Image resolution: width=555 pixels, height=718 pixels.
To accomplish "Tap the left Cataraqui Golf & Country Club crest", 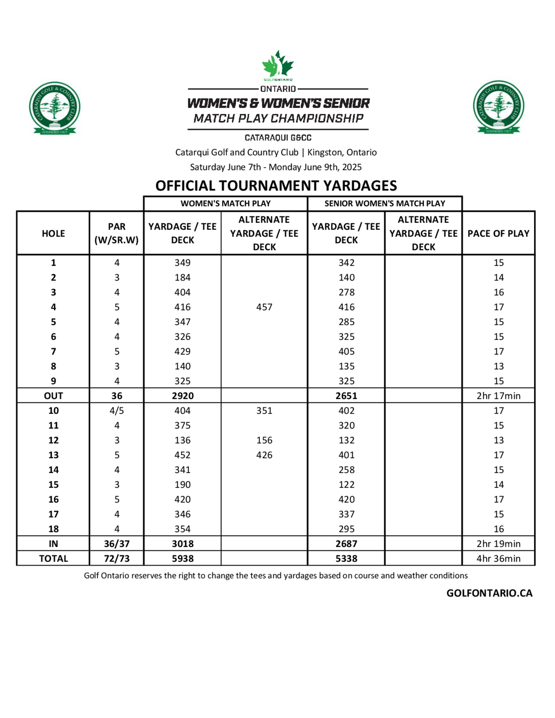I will (x=55, y=107).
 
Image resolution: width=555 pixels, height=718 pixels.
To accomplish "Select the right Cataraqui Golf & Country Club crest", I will (x=499, y=107).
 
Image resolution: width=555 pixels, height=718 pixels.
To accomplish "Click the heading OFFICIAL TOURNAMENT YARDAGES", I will (x=276, y=186).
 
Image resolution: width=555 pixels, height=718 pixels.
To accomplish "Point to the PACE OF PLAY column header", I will (x=498, y=233).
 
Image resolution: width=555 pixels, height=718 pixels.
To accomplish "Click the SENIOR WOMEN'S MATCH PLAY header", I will (x=385, y=204).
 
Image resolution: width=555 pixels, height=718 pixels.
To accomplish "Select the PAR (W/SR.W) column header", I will (x=117, y=233).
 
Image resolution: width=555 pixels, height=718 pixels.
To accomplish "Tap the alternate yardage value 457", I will (x=264, y=307).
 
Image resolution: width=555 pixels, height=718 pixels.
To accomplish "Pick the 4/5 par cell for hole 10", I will (x=117, y=411).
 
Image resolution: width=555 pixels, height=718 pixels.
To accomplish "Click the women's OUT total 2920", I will (x=183, y=396).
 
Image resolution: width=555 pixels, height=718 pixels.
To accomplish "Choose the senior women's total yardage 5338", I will (x=346, y=558).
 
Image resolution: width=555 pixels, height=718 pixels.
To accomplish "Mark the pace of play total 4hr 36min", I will (x=498, y=558).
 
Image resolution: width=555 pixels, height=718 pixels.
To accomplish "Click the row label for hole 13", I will (x=54, y=455).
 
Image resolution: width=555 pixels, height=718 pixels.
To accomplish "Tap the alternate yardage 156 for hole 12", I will (x=264, y=440).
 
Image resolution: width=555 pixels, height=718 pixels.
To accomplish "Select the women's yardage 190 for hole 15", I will (x=183, y=485).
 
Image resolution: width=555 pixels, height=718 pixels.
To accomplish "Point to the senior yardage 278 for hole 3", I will (x=347, y=292).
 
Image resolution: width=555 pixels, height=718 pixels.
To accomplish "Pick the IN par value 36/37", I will (x=117, y=544).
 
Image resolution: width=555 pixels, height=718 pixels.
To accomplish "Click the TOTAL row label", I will (x=54, y=558).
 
